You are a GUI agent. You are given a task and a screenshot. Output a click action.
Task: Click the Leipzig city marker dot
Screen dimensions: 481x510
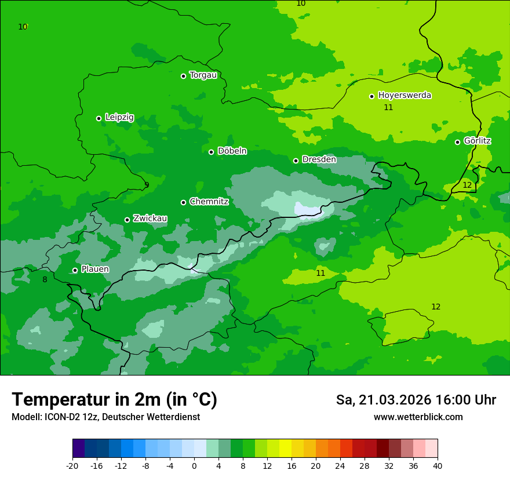[x=99, y=118]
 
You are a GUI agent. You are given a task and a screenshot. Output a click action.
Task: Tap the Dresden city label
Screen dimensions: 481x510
[x=319, y=159]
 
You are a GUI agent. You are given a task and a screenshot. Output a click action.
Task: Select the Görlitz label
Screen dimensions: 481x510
[x=477, y=141]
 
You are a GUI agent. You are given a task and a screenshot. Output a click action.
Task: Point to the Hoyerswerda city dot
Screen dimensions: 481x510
[x=371, y=96]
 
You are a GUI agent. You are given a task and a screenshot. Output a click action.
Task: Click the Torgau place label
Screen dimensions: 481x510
[x=203, y=75]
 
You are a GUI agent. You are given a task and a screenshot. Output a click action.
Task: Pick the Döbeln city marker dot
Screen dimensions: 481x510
[x=211, y=152]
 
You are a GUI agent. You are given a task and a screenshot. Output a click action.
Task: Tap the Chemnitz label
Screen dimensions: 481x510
[x=209, y=202]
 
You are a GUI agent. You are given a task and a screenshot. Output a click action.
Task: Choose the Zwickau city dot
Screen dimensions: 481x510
[x=127, y=220]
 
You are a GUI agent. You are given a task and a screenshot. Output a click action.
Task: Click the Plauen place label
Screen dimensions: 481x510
[x=94, y=269]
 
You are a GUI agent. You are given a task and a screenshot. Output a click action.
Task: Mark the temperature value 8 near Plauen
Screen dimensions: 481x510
[x=45, y=280]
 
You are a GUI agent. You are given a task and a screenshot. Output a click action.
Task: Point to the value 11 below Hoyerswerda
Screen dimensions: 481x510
[x=388, y=107]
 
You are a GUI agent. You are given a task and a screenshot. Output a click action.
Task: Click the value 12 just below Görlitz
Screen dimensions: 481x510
[x=467, y=185]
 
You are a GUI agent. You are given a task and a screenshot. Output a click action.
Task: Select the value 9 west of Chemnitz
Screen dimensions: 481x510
[x=147, y=185]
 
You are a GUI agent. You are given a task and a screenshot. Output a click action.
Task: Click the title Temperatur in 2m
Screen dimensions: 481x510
[x=114, y=399]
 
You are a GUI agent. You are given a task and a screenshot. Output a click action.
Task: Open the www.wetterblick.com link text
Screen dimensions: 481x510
[x=418, y=417]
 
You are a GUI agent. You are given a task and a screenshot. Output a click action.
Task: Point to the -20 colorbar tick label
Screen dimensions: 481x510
[x=72, y=465]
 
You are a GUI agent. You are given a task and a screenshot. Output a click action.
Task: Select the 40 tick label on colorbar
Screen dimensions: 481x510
[x=438, y=465]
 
